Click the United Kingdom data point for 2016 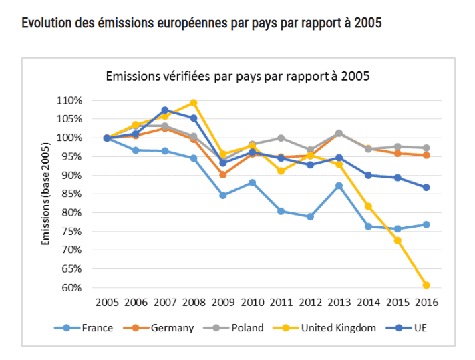coord(426,285)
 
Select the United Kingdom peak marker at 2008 coord(194,103)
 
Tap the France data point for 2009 coord(222,196)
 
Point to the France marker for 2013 coord(339,186)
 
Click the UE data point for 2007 coord(165,110)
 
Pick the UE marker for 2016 coord(426,188)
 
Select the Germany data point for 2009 coord(222,175)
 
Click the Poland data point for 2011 coord(281,138)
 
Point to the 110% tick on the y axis coord(69,101)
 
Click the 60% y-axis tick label coord(71,288)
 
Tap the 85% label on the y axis coord(71,194)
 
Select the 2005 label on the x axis coord(107,302)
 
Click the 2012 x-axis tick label coord(310,302)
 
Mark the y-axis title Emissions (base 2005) coord(46,194)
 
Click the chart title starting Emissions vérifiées coord(238,76)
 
